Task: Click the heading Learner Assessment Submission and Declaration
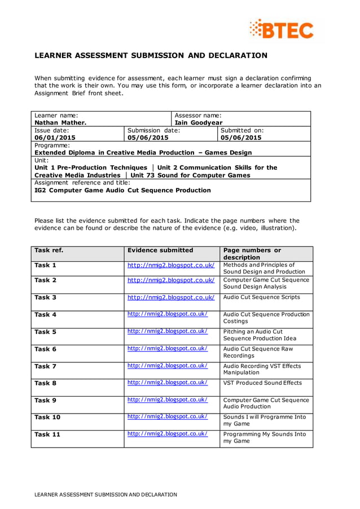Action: click(151, 55)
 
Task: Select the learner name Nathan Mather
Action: click(60, 122)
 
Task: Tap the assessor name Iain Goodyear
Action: click(199, 122)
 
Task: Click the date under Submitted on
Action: click(241, 137)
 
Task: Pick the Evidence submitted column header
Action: click(160, 250)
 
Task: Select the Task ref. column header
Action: click(49, 250)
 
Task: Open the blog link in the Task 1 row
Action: click(171, 265)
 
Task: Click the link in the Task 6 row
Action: click(168, 349)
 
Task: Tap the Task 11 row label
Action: click(47, 435)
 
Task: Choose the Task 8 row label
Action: click(45, 383)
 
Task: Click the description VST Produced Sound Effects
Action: click(262, 383)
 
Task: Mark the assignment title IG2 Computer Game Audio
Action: click(122, 190)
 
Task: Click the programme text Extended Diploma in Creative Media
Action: click(143, 152)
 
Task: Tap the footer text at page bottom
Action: click(106, 494)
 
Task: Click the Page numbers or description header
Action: click(252, 253)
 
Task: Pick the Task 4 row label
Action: click(45, 314)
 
